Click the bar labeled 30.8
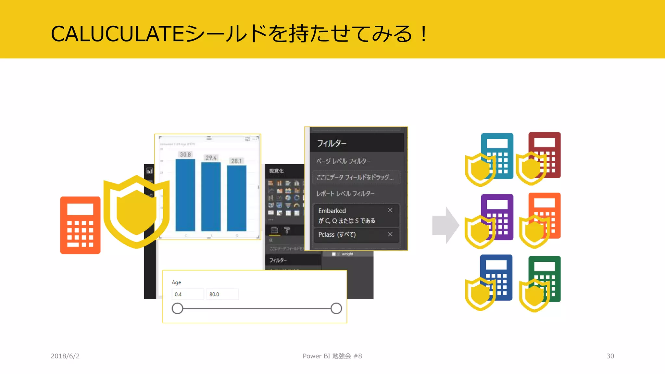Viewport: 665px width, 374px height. tap(185, 195)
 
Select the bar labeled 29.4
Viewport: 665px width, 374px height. tap(211, 196)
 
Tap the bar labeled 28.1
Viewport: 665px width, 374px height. tap(236, 198)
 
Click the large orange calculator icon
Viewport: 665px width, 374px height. tap(80, 225)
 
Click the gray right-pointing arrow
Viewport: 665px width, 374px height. tap(445, 225)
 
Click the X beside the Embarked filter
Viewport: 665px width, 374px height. tap(390, 210)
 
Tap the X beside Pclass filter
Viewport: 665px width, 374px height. tap(390, 234)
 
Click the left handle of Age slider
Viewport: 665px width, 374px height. tap(177, 308)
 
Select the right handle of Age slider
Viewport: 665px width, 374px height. tap(336, 308)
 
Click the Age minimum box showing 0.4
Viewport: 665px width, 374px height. tap(187, 294)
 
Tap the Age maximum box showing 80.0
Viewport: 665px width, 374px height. tap(222, 294)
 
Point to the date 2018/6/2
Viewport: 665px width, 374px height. tap(65, 356)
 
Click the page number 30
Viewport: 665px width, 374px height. tap(610, 356)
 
